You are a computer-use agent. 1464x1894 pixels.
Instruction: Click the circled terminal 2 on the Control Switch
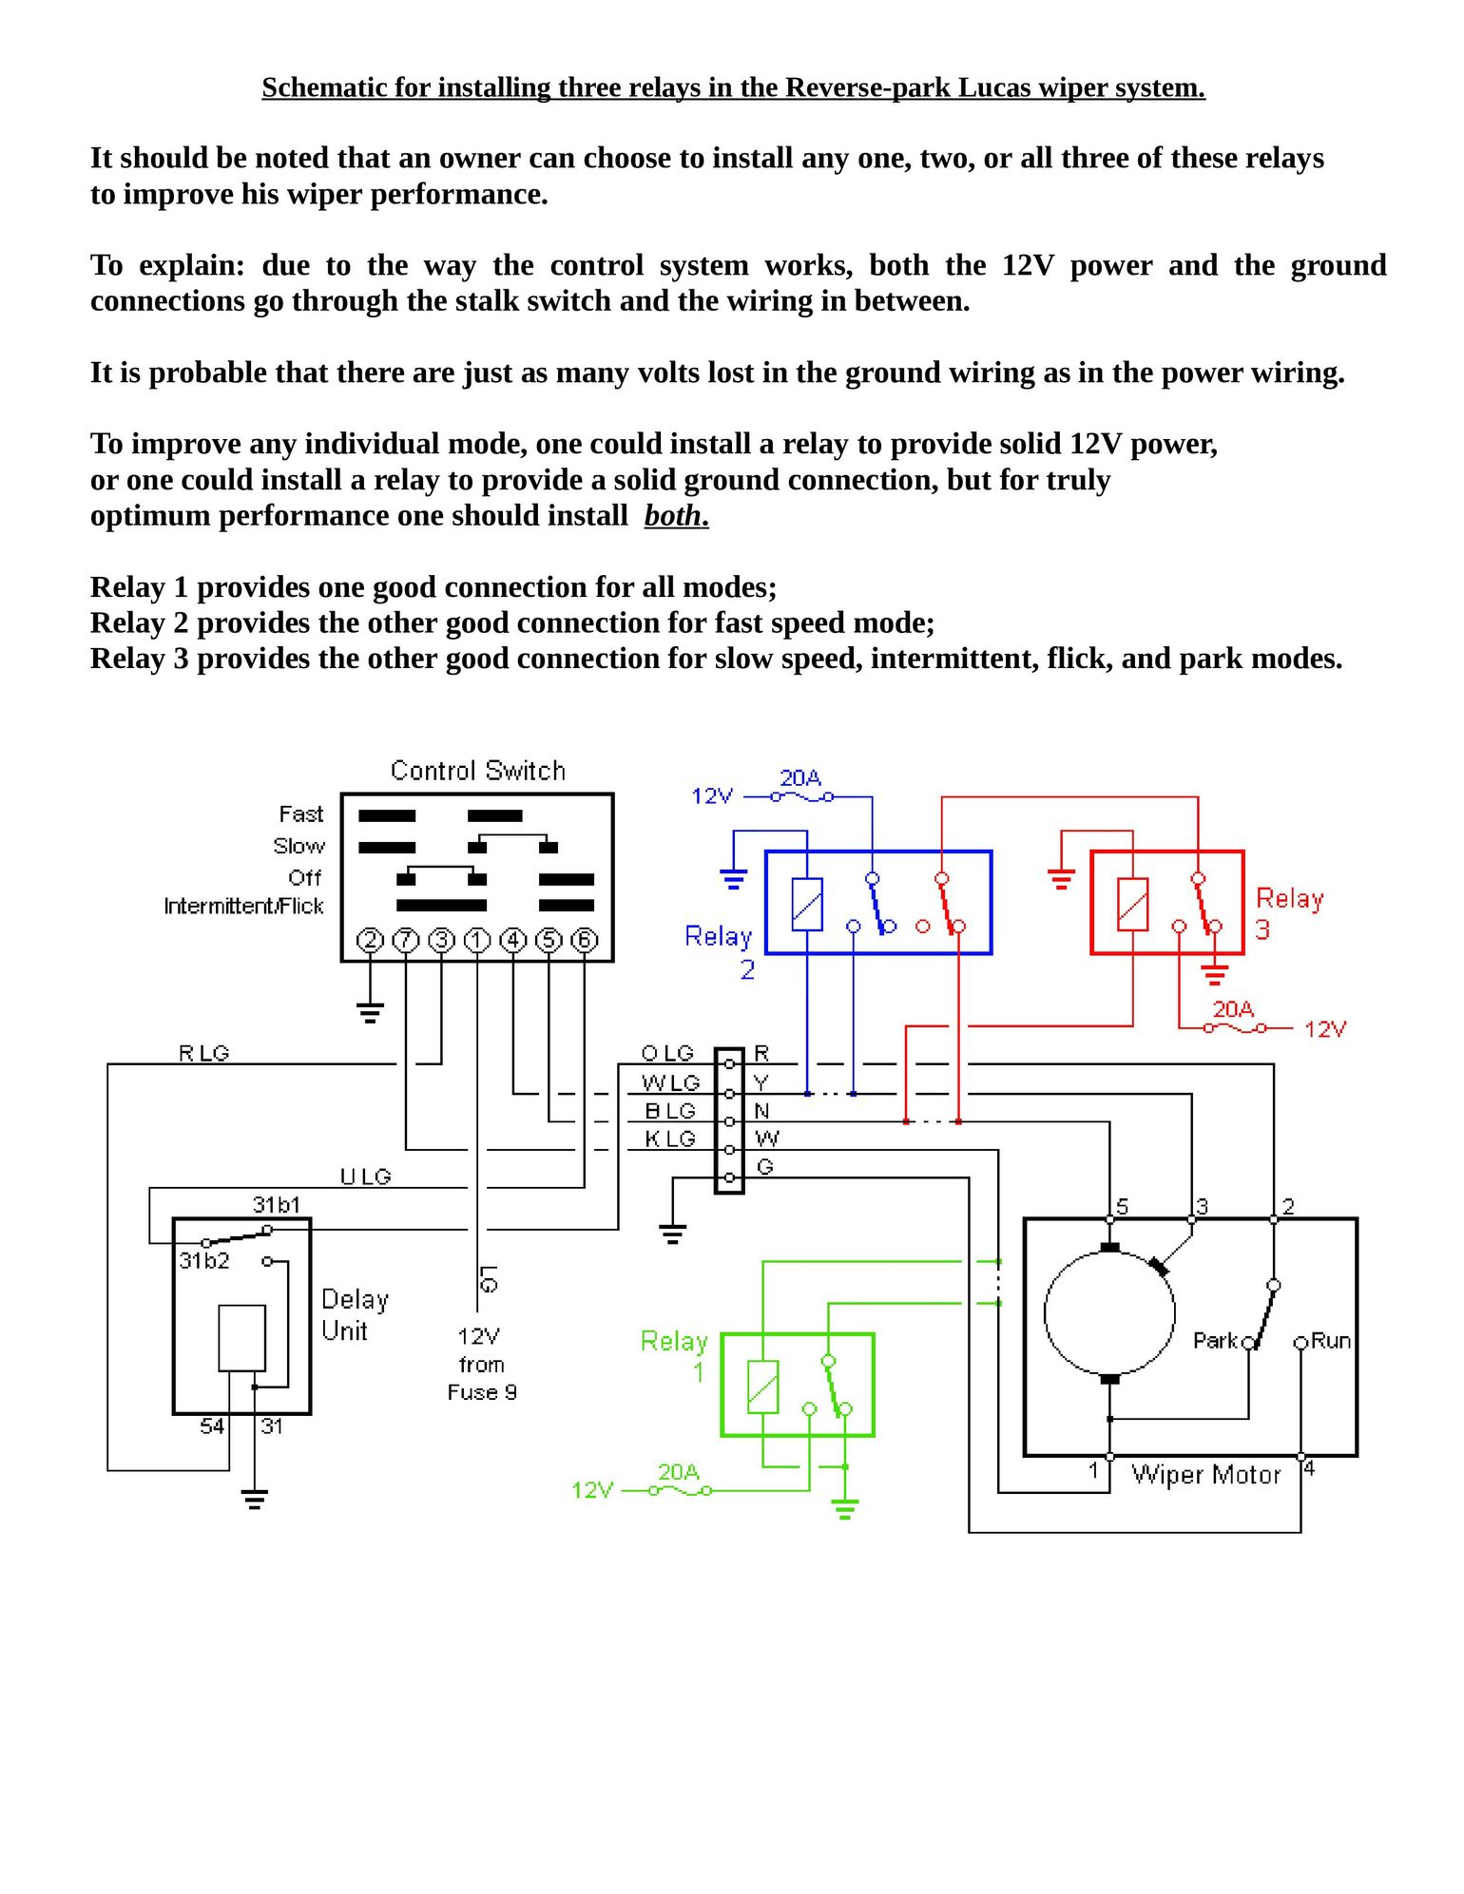tap(370, 941)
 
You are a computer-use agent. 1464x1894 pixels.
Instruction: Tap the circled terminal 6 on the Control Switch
tap(584, 941)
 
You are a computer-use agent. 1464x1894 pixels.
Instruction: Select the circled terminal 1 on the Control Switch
tap(477, 941)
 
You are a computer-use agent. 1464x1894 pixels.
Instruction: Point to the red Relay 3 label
tap(1288, 912)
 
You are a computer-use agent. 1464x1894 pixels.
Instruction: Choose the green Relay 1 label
tap(675, 1355)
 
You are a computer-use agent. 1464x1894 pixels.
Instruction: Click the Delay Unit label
tap(354, 1314)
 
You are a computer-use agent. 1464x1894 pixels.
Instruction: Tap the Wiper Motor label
tap(1205, 1475)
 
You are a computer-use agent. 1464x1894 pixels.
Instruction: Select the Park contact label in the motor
tap(1215, 1341)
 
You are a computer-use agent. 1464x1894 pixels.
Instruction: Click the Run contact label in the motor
tap(1331, 1341)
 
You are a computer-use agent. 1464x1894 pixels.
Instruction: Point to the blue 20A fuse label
tap(800, 778)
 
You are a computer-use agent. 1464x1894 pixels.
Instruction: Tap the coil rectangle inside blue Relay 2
tap(807, 904)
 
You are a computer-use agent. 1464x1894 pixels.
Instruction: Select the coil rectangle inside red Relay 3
tap(1132, 904)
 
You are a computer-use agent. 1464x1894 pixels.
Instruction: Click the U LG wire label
tap(365, 1177)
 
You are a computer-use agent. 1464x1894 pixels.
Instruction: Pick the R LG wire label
tap(203, 1053)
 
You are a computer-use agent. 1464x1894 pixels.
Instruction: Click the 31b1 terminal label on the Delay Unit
tap(277, 1205)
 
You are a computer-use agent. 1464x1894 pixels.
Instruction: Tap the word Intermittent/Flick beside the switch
tap(243, 906)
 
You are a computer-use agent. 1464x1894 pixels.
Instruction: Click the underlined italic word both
tap(676, 516)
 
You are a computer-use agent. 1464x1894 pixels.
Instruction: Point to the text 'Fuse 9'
tap(482, 1392)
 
